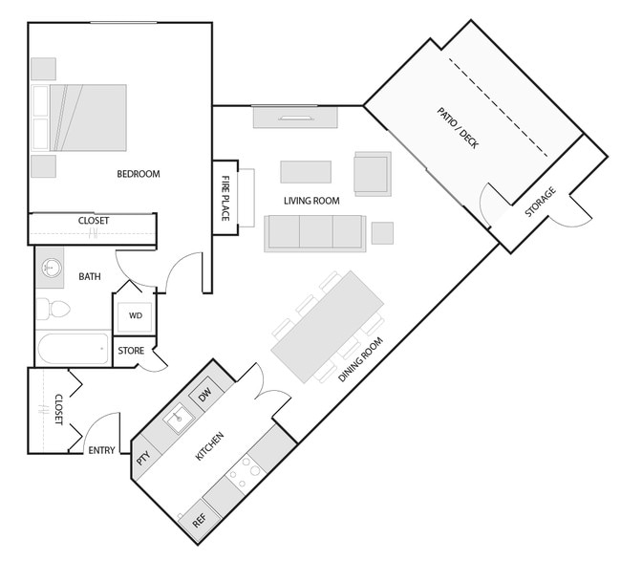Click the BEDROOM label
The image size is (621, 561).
(x=138, y=174)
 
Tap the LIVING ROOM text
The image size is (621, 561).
(x=312, y=201)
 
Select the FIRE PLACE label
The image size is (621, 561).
(x=226, y=198)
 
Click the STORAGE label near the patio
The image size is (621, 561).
(x=541, y=203)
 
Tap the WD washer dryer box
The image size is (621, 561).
(x=136, y=316)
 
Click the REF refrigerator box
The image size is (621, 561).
(x=199, y=521)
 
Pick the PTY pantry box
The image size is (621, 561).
(x=143, y=458)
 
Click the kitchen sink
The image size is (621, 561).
(x=177, y=418)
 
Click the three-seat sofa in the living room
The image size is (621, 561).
(x=314, y=232)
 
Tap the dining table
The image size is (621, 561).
(x=328, y=325)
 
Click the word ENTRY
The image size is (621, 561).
(x=101, y=451)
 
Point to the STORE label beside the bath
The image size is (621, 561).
(x=131, y=351)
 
